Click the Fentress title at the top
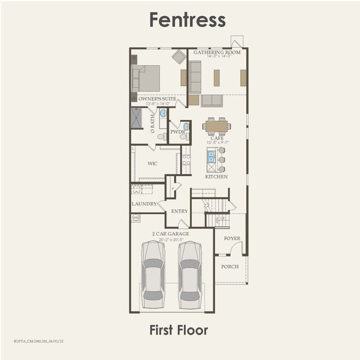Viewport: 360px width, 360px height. (x=188, y=20)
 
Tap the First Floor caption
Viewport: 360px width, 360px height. (x=178, y=330)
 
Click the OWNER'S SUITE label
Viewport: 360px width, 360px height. (x=157, y=99)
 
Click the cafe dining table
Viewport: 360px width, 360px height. (x=217, y=126)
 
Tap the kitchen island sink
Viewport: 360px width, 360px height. (x=212, y=156)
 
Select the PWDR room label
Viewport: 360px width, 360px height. (x=177, y=131)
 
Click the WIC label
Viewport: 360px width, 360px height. (x=153, y=164)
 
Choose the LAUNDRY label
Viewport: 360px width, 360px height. (x=144, y=204)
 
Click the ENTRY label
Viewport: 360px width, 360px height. (x=179, y=211)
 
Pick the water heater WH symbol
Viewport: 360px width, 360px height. (x=135, y=217)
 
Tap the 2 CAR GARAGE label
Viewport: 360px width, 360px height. (x=170, y=234)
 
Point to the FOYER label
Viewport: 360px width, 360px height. (x=232, y=238)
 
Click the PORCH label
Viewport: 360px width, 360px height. (x=230, y=266)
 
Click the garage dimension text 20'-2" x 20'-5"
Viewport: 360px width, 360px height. (x=170, y=239)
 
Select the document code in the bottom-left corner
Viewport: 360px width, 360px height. (x=33, y=341)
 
